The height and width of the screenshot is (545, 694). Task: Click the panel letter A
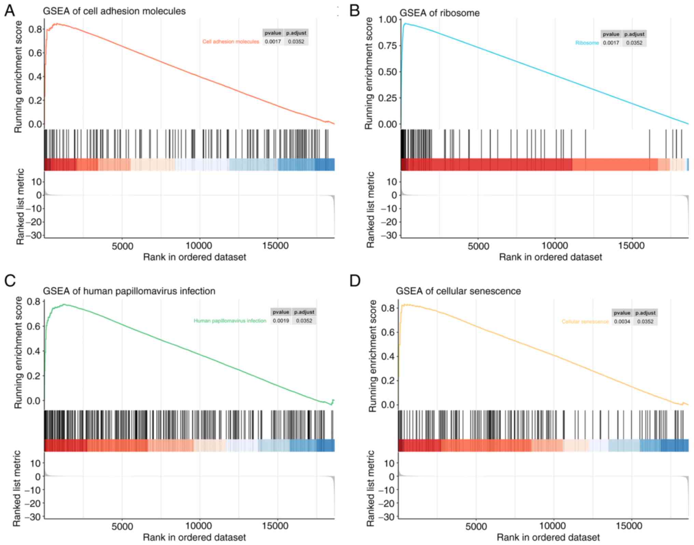(x=10, y=11)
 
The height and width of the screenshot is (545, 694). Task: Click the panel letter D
(x=355, y=281)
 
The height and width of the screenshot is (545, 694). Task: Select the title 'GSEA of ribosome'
(x=439, y=13)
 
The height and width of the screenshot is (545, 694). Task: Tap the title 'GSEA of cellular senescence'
(x=458, y=291)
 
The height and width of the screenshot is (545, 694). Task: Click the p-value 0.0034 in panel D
(x=622, y=321)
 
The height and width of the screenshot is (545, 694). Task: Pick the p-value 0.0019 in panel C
(x=281, y=321)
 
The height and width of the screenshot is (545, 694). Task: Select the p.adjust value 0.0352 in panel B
(x=634, y=43)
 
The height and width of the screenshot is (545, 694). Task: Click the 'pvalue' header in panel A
(x=273, y=33)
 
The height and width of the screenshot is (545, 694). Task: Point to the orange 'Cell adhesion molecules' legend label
(x=231, y=42)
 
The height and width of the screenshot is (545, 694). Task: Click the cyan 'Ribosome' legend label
(x=587, y=43)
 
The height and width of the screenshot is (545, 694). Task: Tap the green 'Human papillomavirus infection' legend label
(x=230, y=321)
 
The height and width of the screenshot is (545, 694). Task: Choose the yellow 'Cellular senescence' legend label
(x=585, y=321)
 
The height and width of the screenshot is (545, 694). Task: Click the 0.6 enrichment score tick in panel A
(x=35, y=53)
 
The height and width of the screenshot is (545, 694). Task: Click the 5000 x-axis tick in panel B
(x=478, y=246)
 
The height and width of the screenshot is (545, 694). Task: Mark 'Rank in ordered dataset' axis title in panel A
(x=194, y=257)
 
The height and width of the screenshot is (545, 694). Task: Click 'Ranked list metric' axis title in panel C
(x=17, y=488)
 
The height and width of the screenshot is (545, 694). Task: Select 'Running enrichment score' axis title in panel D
(x=373, y=356)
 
